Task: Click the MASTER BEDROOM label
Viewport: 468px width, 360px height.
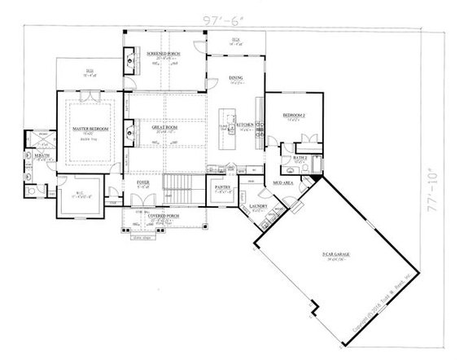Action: point(90,128)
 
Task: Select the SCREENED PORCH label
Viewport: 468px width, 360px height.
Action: point(163,53)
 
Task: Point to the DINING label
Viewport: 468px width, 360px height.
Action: point(236,79)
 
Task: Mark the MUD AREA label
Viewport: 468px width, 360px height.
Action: point(282,185)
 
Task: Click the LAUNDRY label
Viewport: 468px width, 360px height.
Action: point(260,207)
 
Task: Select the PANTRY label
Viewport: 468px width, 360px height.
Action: point(225,188)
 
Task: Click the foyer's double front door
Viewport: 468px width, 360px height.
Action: point(142,204)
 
